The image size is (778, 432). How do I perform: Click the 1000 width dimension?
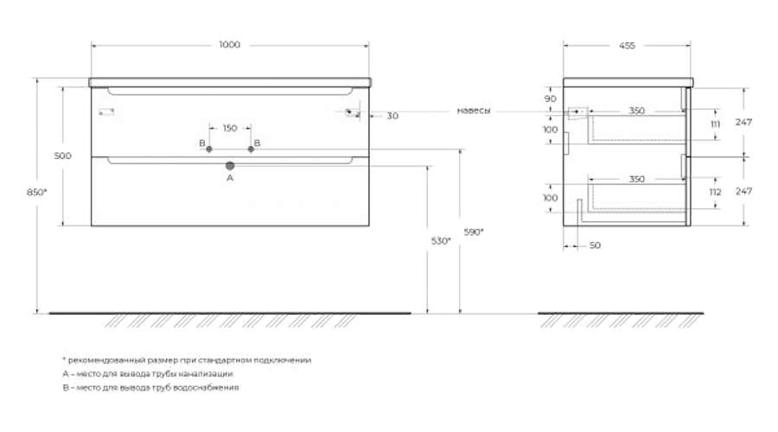[230, 45]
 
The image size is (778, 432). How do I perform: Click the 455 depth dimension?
[628, 46]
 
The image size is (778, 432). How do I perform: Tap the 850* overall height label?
[37, 192]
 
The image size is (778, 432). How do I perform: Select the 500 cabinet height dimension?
[62, 156]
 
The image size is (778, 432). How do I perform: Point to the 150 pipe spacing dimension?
[230, 129]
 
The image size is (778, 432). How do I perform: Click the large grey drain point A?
[230, 166]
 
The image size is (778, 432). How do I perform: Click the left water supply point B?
[209, 149]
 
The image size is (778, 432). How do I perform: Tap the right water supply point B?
[251, 149]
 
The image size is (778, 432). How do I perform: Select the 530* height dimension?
[441, 241]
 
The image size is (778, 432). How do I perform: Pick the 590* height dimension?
[474, 232]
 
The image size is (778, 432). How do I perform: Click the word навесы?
[474, 111]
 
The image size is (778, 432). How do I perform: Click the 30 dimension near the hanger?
[392, 116]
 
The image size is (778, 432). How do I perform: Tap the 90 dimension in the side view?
[551, 99]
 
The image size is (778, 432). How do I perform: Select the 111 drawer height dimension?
[715, 124]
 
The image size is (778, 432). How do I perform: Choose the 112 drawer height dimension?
[715, 193]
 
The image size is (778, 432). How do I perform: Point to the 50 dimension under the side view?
[595, 245]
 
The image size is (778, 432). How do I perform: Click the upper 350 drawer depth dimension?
[636, 111]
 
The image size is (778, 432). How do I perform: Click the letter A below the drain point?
[230, 178]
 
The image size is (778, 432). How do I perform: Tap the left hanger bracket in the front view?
[106, 111]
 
